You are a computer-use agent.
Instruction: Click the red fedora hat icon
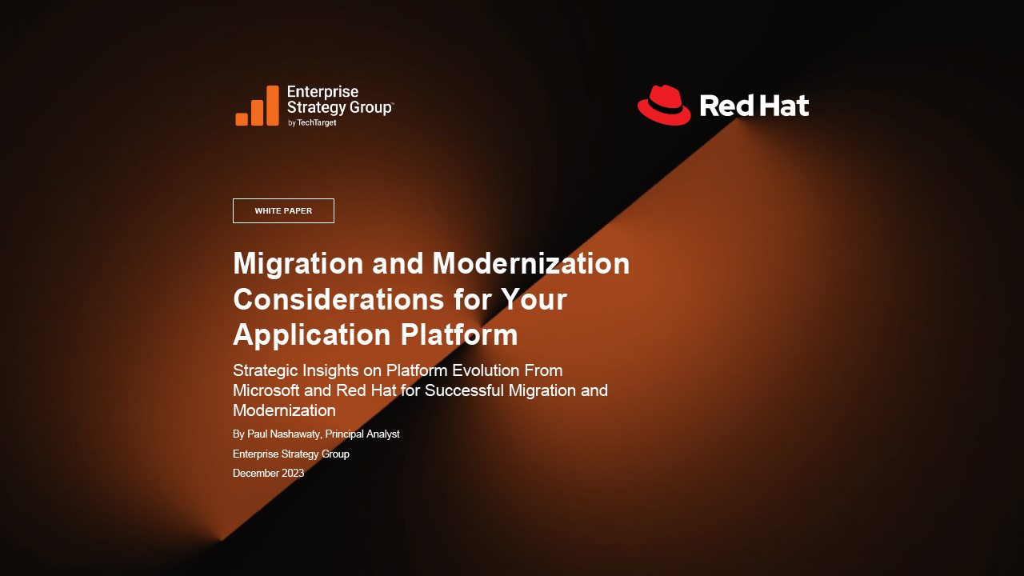coord(664,105)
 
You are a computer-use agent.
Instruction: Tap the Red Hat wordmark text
coord(754,106)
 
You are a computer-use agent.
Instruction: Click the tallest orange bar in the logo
coord(273,105)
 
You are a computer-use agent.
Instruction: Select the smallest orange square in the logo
coord(242,119)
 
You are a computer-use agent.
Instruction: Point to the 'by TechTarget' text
coord(312,122)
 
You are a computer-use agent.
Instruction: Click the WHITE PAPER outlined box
coord(283,210)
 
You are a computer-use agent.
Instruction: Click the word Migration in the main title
coord(298,264)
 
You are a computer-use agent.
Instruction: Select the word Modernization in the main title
coord(530,263)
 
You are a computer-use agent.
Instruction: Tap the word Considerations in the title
coord(338,299)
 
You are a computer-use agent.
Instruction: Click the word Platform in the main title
coord(459,334)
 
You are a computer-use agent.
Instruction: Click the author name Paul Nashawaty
coord(283,434)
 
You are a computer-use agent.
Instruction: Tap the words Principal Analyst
coord(362,434)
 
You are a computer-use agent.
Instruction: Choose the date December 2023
coord(268,473)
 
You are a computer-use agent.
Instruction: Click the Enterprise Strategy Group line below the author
coord(291,454)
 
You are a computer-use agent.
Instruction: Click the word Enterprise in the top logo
coord(322,92)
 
